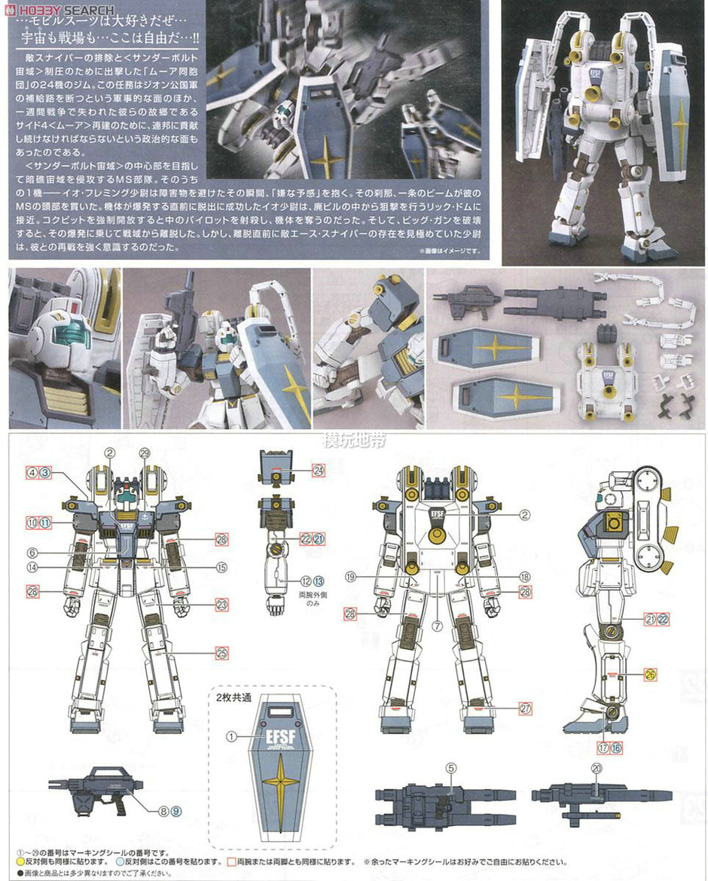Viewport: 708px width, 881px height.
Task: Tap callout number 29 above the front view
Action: [145, 453]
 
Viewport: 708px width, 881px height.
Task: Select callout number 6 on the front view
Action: [33, 552]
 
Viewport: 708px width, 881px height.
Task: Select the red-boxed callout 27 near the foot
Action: [525, 708]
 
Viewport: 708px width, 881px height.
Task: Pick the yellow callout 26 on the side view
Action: [650, 675]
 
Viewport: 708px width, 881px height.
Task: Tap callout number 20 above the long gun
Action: [597, 768]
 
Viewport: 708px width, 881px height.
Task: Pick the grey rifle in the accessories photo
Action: [467, 299]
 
